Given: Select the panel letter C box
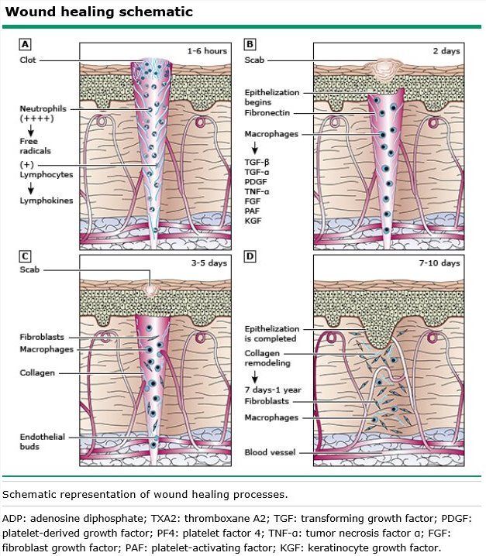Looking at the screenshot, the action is [26, 256].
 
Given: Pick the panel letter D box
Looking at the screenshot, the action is [250, 256].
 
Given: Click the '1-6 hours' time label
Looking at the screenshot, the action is [206, 51].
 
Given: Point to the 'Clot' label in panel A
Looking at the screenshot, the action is [30, 60].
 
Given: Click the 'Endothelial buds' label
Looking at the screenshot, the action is [40, 441].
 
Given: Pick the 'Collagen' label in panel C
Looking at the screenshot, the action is [37, 372].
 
